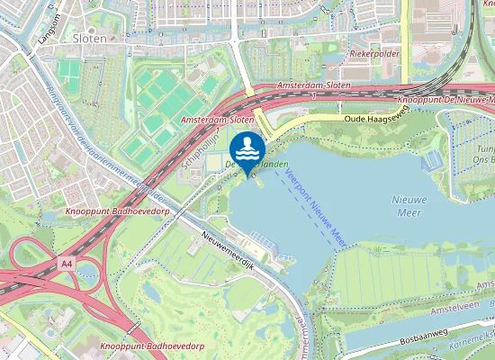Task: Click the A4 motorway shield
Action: click(x=66, y=264)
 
